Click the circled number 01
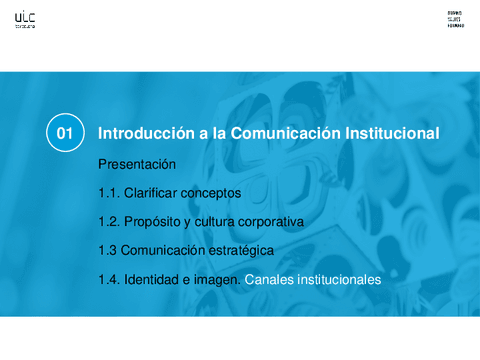pyautogui.click(x=65, y=133)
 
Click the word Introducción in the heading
pyautogui.click(x=140, y=133)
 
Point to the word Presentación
pyautogui.click(x=137, y=164)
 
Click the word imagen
pyautogui.click(x=217, y=281)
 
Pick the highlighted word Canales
pyautogui.click(x=268, y=281)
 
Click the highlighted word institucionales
pyautogui.click(x=338, y=281)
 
